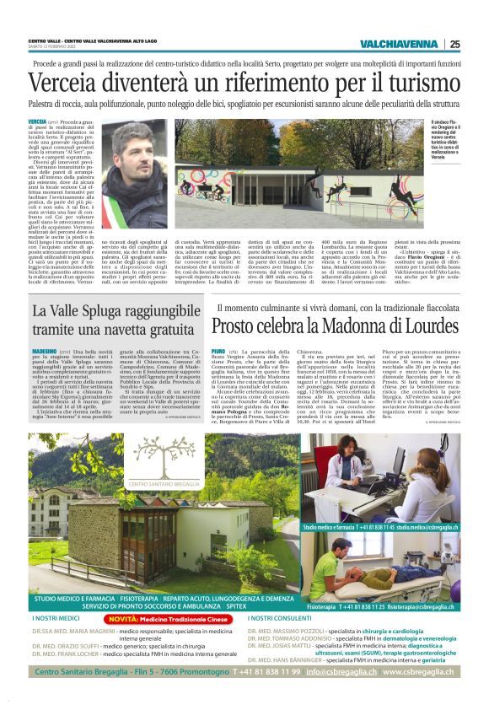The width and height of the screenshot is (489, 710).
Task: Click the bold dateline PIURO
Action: click(218, 350)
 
